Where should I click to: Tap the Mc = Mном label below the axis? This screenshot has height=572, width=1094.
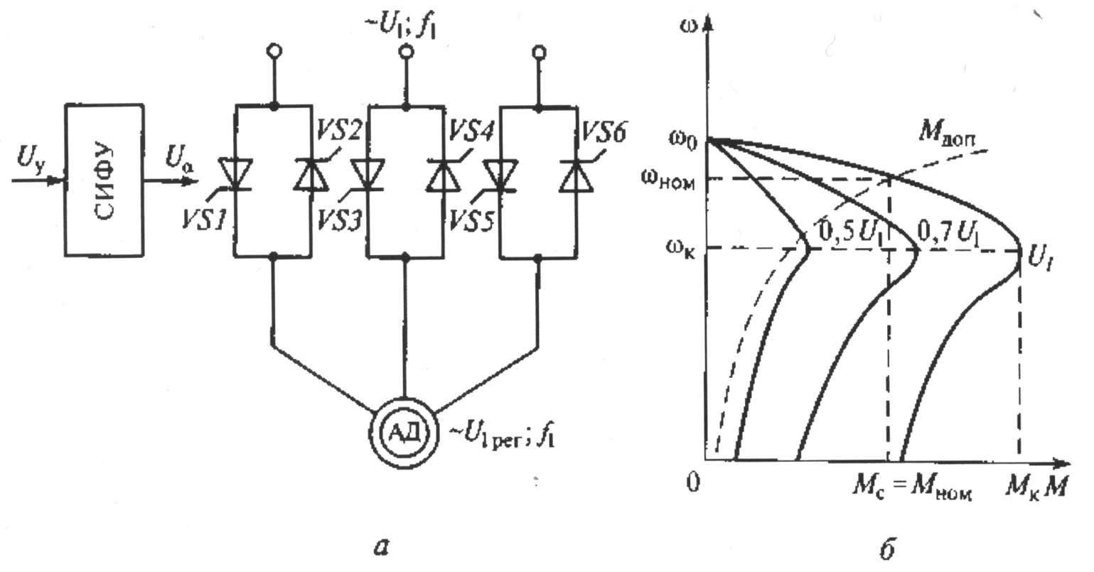(911, 490)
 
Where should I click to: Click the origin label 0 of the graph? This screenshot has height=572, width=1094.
(694, 482)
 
